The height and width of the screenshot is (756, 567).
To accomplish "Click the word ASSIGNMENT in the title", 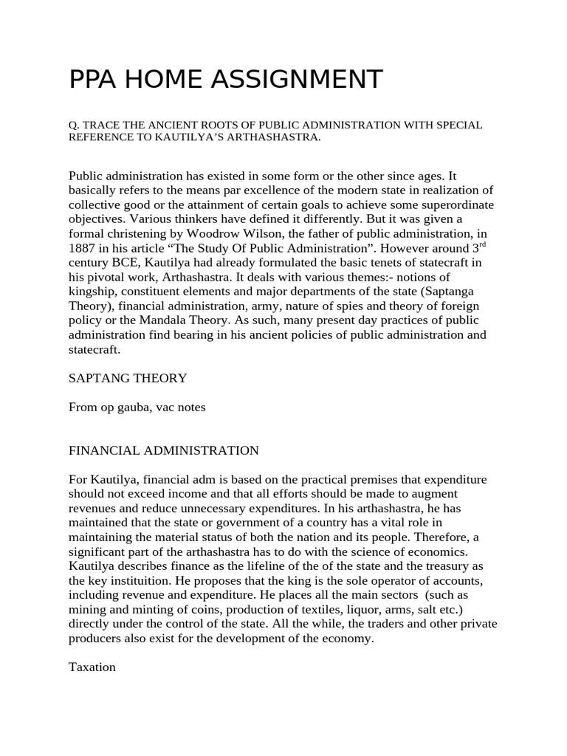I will [x=298, y=80].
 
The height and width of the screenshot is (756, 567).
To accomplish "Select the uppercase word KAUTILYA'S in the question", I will [x=173, y=138].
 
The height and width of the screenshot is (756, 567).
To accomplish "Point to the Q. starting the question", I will [x=73, y=125].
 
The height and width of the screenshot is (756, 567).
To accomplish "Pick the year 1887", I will [x=83, y=248].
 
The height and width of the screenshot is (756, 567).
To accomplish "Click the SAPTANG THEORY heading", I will [x=128, y=378].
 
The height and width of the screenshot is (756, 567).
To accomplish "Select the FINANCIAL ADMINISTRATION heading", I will [x=164, y=450].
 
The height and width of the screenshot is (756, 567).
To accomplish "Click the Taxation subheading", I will [x=92, y=667].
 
